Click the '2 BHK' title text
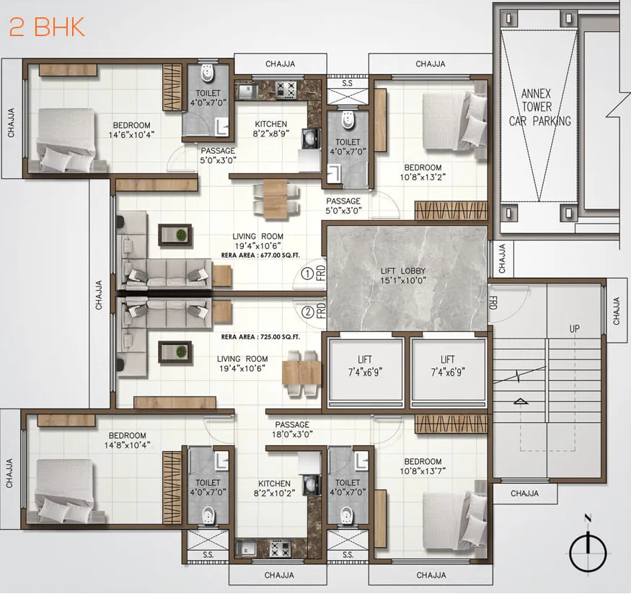(47, 27)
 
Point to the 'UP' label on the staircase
(575, 328)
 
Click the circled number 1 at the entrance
(307, 274)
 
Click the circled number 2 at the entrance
(307, 313)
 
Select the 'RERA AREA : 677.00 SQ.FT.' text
(261, 255)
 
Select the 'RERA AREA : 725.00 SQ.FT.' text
(261, 337)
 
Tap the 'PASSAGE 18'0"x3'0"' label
(292, 429)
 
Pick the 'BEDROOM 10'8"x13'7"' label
(423, 467)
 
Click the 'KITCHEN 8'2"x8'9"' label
(270, 129)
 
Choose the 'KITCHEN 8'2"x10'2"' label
(274, 489)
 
